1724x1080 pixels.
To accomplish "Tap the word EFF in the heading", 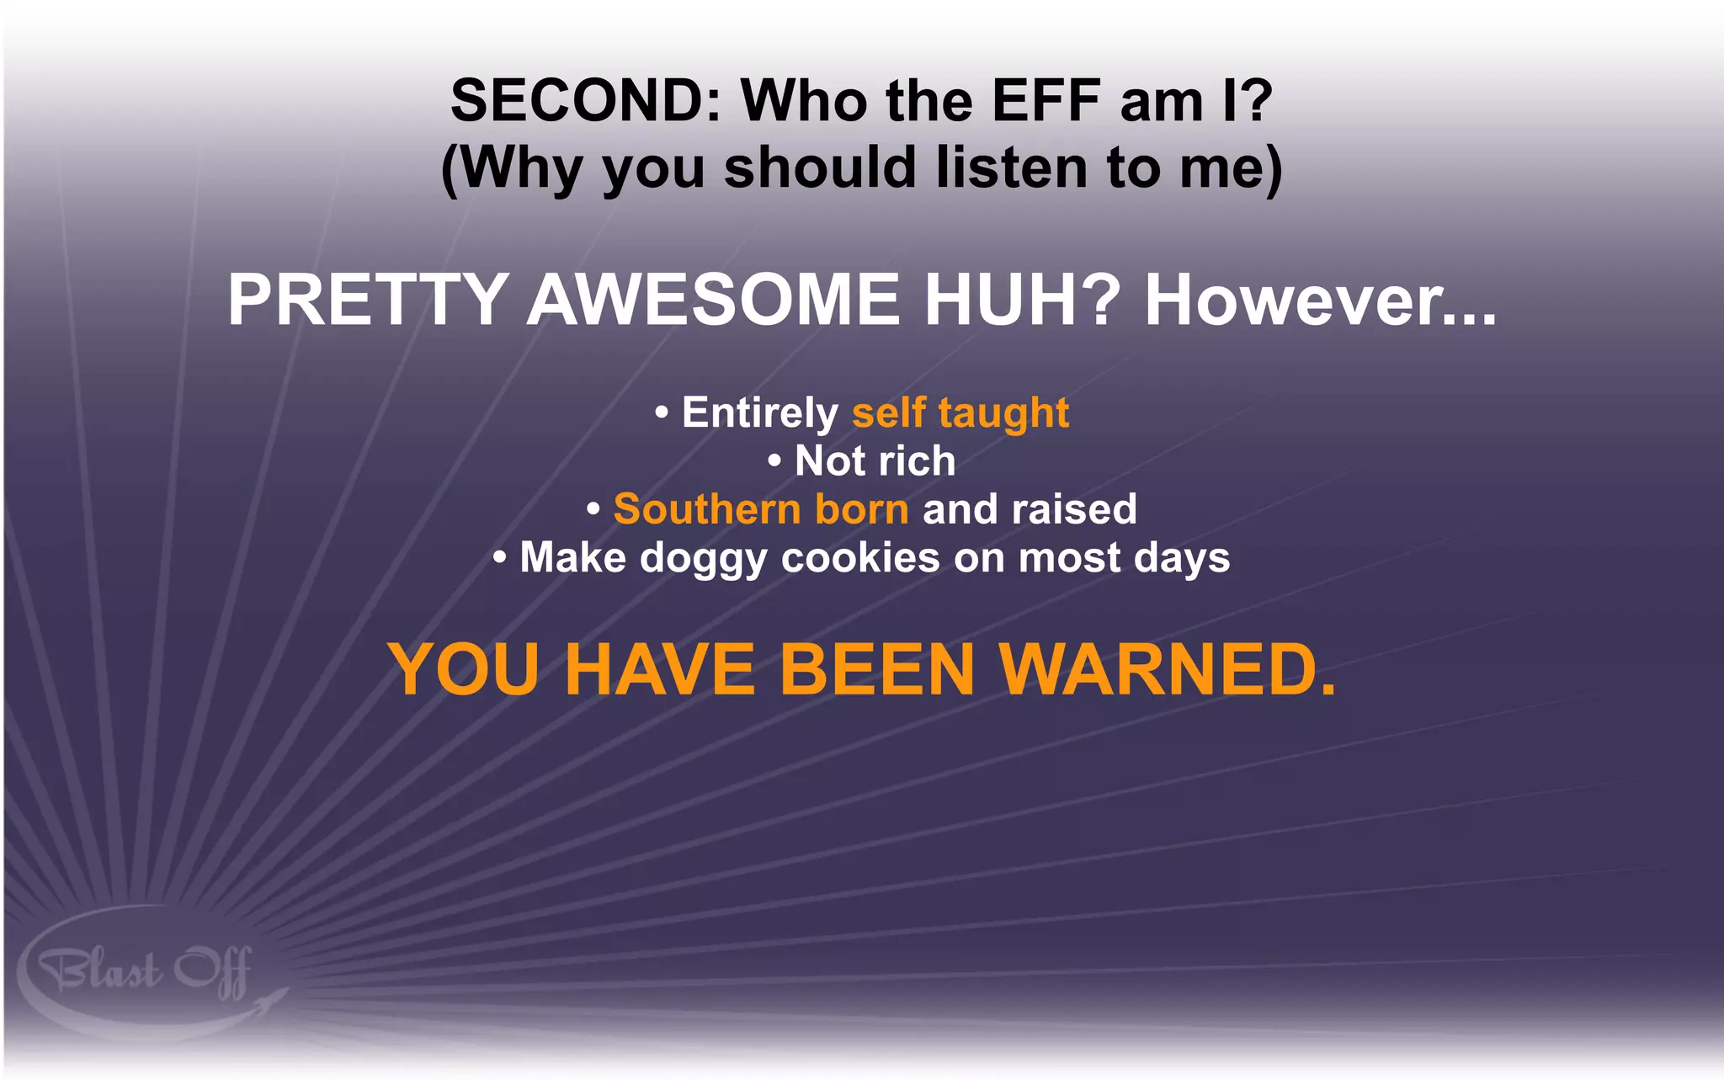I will pyautogui.click(x=1046, y=101).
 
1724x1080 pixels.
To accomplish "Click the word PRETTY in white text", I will pyautogui.click(x=367, y=300).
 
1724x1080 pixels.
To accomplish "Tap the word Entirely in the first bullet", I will pyautogui.click(x=759, y=412).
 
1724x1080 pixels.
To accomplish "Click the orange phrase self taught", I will pyautogui.click(x=960, y=412).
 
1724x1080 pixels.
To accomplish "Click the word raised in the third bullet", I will pyautogui.click(x=1073, y=509).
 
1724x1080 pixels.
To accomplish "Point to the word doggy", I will pyautogui.click(x=703, y=558).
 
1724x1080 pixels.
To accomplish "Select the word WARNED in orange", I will pyautogui.click(x=1167, y=669).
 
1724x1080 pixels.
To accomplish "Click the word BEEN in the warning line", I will pyautogui.click(x=876, y=669).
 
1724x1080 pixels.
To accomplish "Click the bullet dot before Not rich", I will pyautogui.click(x=774, y=461).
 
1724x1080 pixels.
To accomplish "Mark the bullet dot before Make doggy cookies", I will pyautogui.click(x=500, y=557).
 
